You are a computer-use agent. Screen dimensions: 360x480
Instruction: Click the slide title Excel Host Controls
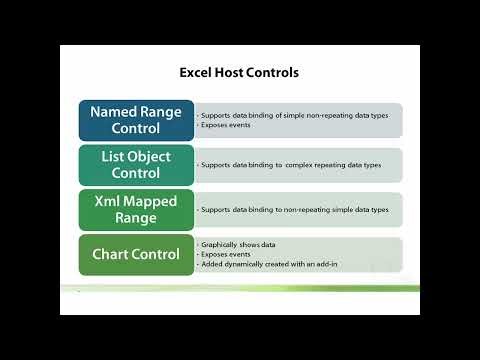(x=238, y=72)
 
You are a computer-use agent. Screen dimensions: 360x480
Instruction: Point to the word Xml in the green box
(x=108, y=201)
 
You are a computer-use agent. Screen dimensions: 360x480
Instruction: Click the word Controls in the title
(x=271, y=72)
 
